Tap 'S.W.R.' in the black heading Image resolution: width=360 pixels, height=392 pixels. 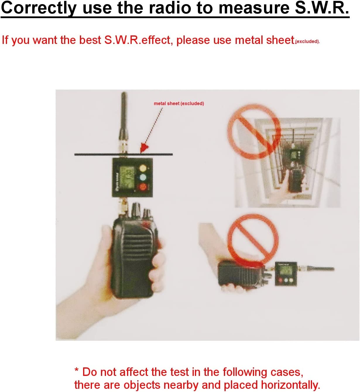pyautogui.click(x=322, y=8)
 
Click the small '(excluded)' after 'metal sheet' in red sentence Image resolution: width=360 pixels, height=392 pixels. pyautogui.click(x=307, y=42)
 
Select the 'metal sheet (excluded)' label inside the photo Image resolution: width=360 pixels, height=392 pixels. pyautogui.click(x=179, y=103)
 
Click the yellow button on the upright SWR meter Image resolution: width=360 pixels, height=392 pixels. pyautogui.click(x=143, y=168)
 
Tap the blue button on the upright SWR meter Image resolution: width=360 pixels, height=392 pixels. pyautogui.click(x=143, y=177)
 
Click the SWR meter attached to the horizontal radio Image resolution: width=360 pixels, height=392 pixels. pyautogui.click(x=285, y=273)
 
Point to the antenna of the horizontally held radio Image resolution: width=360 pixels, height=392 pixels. pyautogui.click(x=319, y=269)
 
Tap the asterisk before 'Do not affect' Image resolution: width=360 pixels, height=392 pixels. pyautogui.click(x=76, y=371)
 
